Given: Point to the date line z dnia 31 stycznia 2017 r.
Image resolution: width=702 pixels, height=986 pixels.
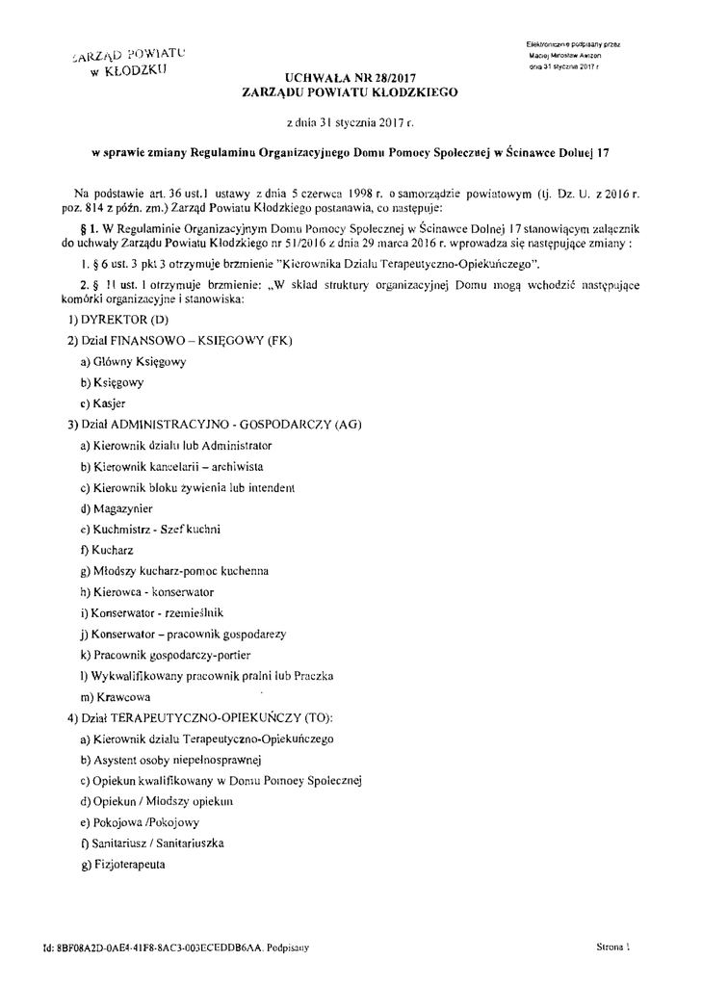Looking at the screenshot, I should (x=351, y=123).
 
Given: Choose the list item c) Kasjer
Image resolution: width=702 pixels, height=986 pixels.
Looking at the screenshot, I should (x=103, y=403).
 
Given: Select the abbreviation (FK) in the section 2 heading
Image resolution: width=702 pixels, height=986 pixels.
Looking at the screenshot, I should (x=278, y=340).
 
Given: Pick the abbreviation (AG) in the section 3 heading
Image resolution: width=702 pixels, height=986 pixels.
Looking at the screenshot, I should (x=346, y=425).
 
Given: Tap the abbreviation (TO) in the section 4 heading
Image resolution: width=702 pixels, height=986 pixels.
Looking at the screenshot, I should (x=314, y=718).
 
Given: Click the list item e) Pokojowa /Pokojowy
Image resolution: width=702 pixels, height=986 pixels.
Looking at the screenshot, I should (x=140, y=822).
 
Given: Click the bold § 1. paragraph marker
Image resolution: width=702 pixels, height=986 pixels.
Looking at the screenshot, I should (x=94, y=229).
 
